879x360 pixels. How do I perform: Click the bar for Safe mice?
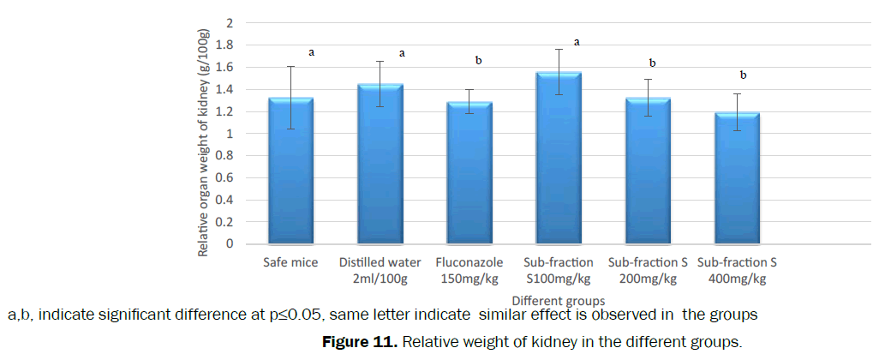pyautogui.click(x=290, y=171)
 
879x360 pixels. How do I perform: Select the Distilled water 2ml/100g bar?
pyautogui.click(x=380, y=165)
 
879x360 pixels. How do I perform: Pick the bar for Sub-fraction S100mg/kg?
pyautogui.click(x=559, y=159)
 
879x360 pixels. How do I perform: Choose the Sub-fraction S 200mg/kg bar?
pyautogui.click(x=648, y=171)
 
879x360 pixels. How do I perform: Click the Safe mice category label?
pyautogui.click(x=290, y=262)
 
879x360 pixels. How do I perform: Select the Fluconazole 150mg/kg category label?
pyautogui.click(x=469, y=270)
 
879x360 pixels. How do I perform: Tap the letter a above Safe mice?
pyautogui.click(x=311, y=52)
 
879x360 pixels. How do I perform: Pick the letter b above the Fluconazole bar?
pyautogui.click(x=478, y=60)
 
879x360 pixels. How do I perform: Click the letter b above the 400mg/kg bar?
pyautogui.click(x=743, y=75)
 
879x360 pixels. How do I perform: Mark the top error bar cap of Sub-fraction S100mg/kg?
pyautogui.click(x=559, y=50)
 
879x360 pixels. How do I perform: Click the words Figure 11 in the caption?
pyautogui.click(x=359, y=343)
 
